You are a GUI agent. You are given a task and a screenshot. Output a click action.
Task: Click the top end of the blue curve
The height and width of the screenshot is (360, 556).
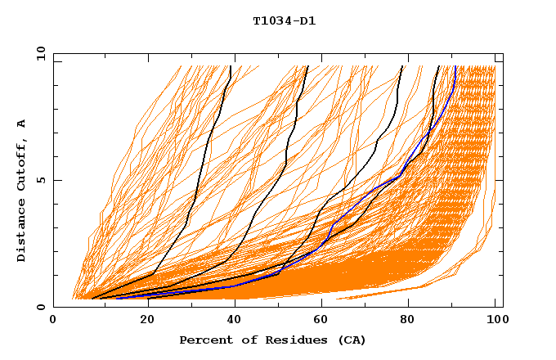(x=455, y=66)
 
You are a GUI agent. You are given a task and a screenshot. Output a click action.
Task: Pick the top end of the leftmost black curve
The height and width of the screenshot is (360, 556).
(x=231, y=66)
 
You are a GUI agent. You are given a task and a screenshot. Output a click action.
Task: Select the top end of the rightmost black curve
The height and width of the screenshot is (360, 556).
(x=439, y=66)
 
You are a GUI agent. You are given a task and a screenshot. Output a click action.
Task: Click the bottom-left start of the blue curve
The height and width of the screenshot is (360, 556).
(x=116, y=298)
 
